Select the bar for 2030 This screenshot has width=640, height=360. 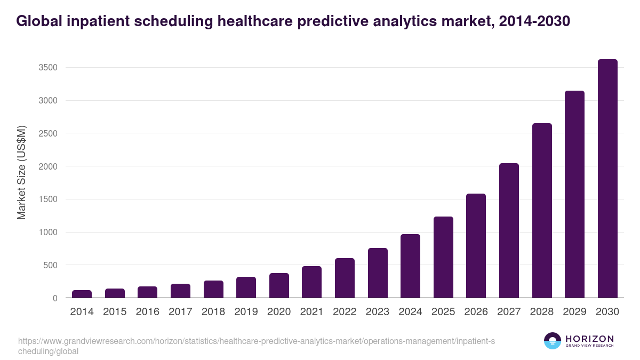point(607,179)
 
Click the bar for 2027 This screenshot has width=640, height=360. point(509,230)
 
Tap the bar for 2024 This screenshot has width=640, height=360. point(410,266)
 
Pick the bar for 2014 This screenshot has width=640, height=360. point(82,294)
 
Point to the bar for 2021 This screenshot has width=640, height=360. point(311,282)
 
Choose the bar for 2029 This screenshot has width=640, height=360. point(574,194)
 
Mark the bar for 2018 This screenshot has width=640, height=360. point(213,289)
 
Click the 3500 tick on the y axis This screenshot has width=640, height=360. point(47,68)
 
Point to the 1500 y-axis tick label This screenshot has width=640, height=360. point(47,199)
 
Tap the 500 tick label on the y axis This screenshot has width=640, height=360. point(50,265)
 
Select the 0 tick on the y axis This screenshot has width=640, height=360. point(55,298)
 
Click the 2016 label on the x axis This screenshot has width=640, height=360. point(147,312)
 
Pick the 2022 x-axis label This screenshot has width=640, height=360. point(345,312)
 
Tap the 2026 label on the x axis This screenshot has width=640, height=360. point(476,312)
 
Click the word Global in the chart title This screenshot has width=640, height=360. point(38,21)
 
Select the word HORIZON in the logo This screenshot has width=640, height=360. point(589,339)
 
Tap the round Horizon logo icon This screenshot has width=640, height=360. point(553,341)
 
